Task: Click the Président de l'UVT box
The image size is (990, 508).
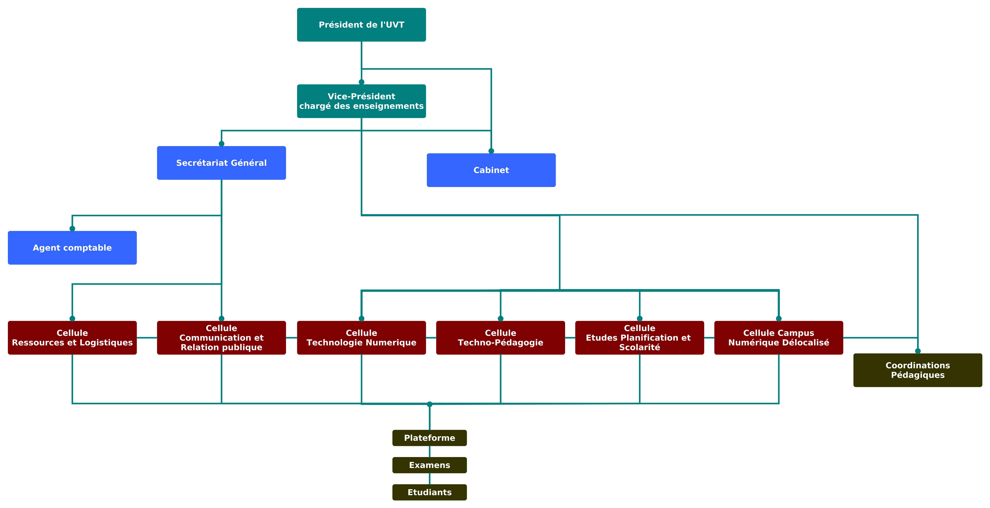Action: click(x=361, y=25)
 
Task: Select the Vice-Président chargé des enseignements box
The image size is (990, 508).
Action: click(x=361, y=101)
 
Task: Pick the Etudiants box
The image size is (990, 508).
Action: click(x=429, y=492)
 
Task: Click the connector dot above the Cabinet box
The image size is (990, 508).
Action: click(x=491, y=151)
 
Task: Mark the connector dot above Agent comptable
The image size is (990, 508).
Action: click(x=72, y=229)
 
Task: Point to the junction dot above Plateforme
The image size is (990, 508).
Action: click(x=430, y=404)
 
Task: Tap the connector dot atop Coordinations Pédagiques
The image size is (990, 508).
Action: click(x=918, y=351)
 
